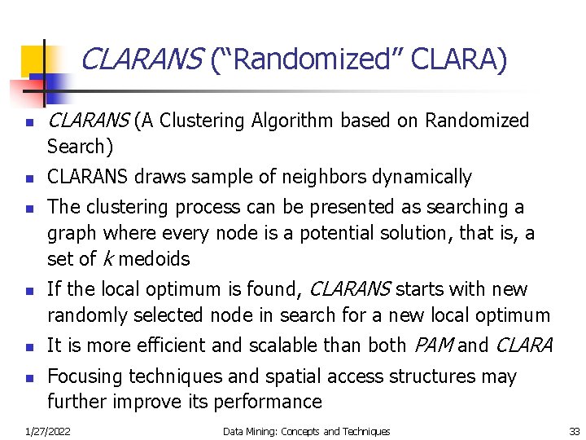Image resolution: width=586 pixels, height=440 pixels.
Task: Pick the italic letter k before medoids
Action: click(107, 259)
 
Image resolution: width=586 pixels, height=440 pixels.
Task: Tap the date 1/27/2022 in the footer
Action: click(47, 431)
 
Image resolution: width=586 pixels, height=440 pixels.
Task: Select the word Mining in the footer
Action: click(265, 431)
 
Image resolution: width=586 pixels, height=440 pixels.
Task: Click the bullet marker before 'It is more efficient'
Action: click(28, 346)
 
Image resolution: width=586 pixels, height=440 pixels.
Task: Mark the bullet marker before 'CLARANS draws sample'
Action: click(28, 178)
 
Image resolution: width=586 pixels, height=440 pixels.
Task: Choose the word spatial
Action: click(291, 376)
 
